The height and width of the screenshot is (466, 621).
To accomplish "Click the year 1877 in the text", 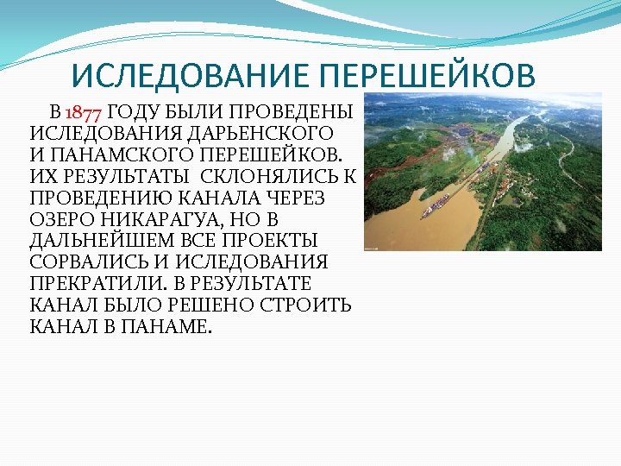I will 84,112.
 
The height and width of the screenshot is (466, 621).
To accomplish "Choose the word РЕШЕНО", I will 210,305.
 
